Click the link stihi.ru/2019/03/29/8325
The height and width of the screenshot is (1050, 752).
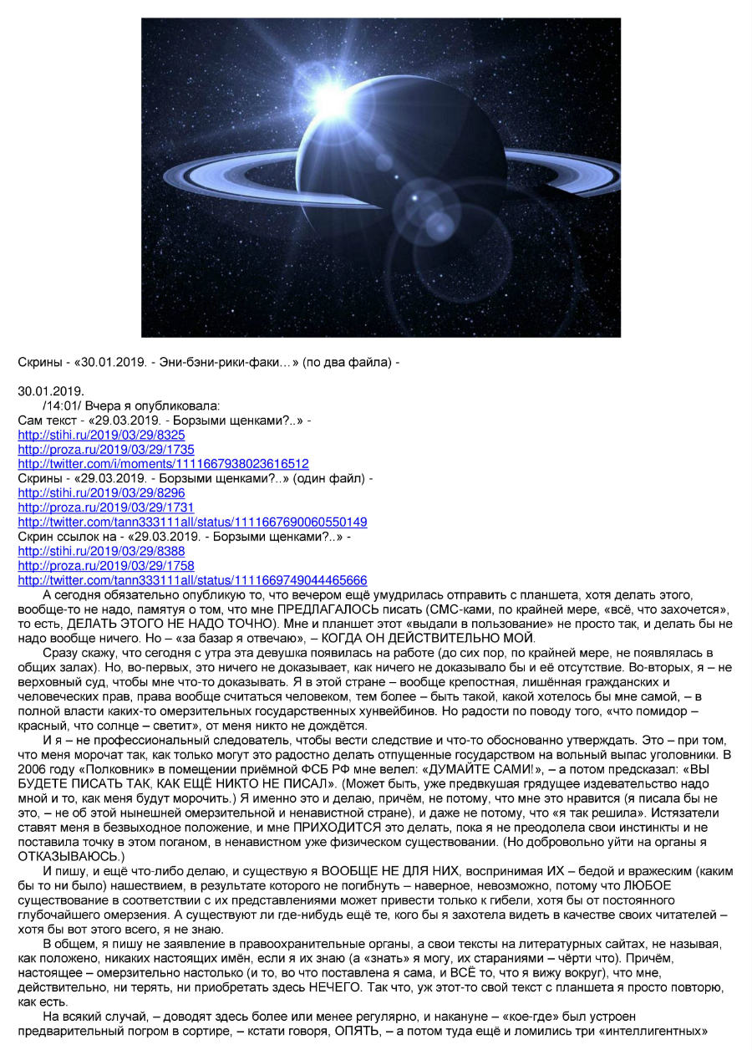[101, 435]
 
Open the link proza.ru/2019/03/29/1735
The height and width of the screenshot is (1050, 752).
[106, 449]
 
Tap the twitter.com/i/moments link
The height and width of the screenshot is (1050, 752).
[163, 463]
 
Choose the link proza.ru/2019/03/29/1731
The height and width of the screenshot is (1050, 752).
[106, 507]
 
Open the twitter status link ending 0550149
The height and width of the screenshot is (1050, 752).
[192, 522]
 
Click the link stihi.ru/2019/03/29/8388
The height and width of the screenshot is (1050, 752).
[101, 551]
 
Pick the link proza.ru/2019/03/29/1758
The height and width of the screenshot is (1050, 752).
[106, 565]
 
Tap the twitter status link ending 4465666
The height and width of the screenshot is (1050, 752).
[192, 580]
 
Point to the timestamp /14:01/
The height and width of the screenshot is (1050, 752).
[60, 405]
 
